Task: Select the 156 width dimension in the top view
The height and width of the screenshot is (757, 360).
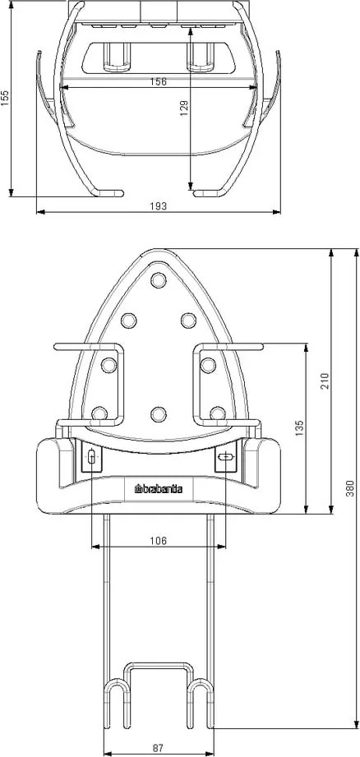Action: coord(157,82)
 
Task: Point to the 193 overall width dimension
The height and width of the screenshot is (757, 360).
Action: coord(159,206)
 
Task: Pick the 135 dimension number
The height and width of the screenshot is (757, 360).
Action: coord(299,428)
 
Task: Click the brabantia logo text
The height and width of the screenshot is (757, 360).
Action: coord(159,490)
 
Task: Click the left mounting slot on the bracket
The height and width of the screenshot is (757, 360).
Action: coord(90,456)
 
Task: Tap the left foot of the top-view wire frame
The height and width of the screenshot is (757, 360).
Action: coord(108,193)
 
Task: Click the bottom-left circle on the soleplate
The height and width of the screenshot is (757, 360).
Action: coord(99,413)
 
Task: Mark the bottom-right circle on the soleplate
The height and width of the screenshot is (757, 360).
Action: coord(217,413)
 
